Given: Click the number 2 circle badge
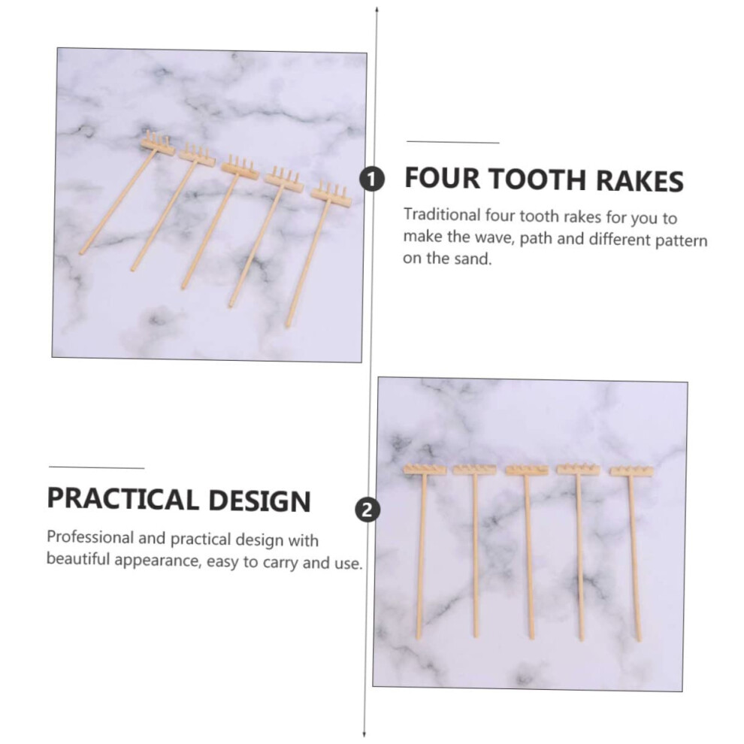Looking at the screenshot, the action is click(367, 510).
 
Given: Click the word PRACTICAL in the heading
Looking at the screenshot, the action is click(123, 499).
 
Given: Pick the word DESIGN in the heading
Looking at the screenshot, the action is click(259, 501).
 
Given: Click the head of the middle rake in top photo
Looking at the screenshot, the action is click(240, 168).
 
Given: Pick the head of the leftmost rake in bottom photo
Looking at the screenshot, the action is click(425, 469).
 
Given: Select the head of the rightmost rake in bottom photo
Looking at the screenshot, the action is click(631, 470).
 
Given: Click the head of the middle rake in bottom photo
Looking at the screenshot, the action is click(527, 470).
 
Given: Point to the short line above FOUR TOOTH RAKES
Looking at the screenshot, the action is click(453, 141).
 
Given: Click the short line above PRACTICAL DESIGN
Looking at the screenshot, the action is click(96, 467).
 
